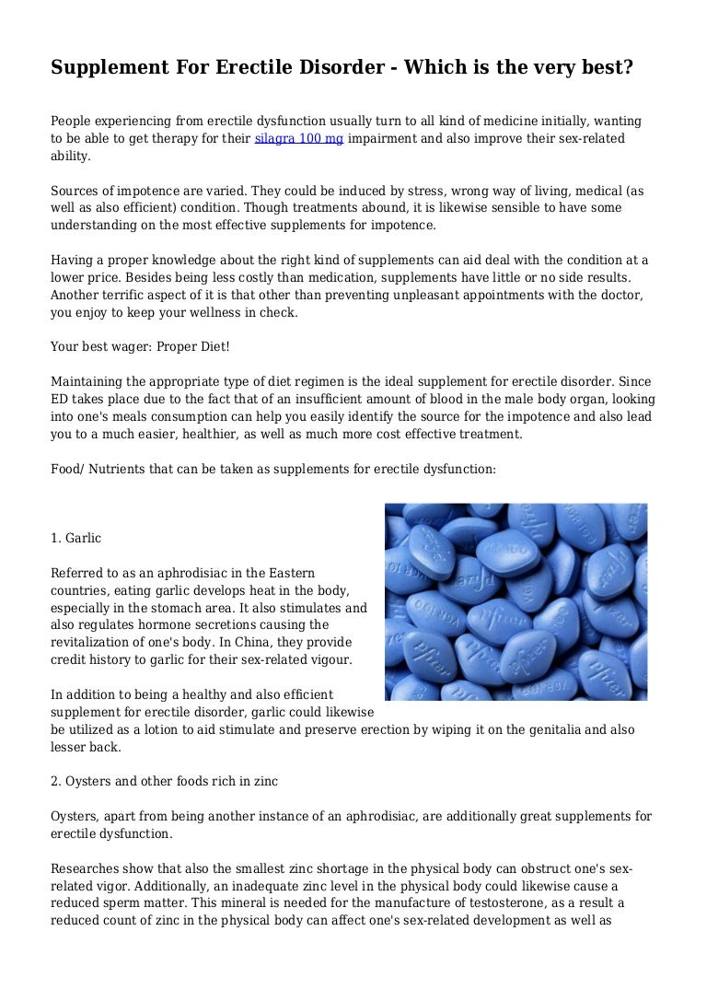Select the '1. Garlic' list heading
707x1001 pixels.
(x=76, y=538)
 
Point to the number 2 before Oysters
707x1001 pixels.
(x=54, y=781)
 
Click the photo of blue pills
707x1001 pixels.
(x=516, y=601)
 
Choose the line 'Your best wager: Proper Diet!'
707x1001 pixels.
(x=141, y=347)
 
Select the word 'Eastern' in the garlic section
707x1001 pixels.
(x=291, y=573)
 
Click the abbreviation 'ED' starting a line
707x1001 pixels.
(x=60, y=399)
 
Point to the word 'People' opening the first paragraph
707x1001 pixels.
(x=72, y=121)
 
